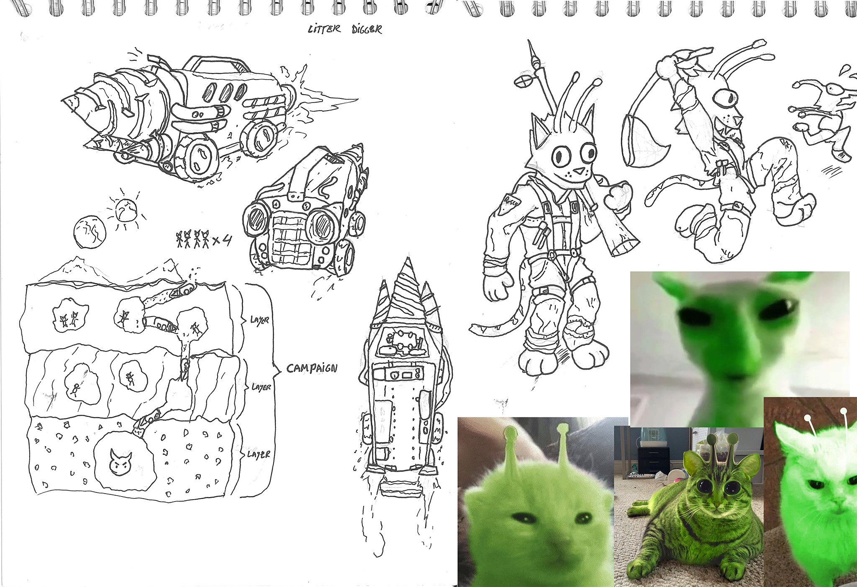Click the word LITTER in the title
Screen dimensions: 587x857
[324, 29]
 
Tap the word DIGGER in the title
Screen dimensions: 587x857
[367, 29]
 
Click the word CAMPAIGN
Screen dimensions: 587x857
[312, 368]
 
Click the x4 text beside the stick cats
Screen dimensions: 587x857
[222, 240]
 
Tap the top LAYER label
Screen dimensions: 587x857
[259, 321]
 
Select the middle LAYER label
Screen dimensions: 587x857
[261, 387]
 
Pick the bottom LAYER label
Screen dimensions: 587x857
[258, 454]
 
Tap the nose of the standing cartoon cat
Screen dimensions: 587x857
[578, 171]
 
